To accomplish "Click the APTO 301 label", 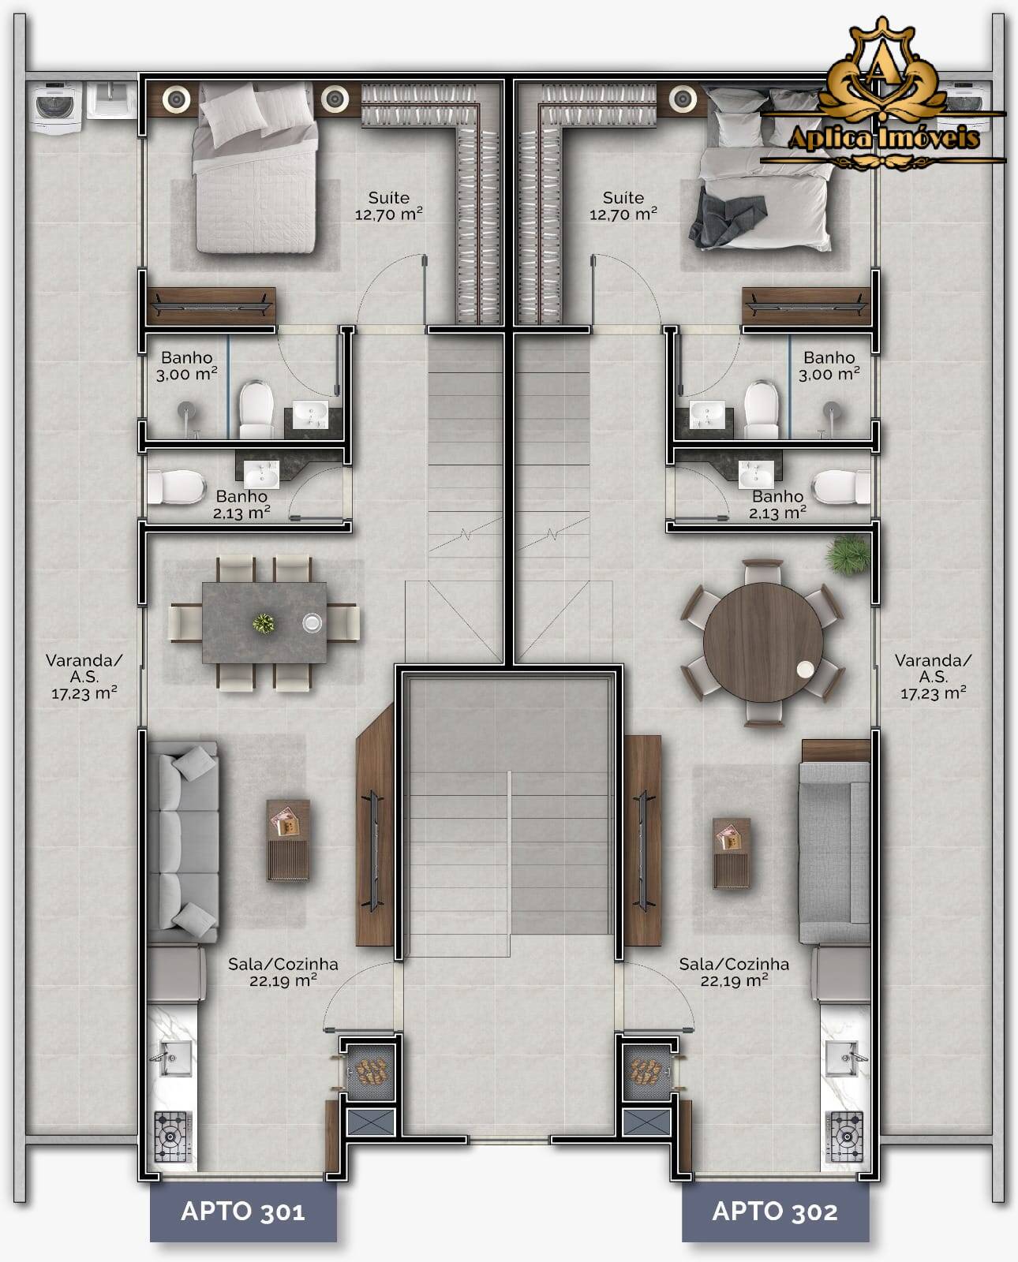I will tap(243, 1211).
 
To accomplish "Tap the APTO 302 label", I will tap(775, 1211).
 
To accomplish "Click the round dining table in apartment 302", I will tap(762, 640).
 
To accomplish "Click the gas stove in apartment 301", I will tap(172, 1137).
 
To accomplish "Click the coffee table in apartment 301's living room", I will tap(288, 839).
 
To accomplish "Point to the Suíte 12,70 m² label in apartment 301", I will tap(389, 205).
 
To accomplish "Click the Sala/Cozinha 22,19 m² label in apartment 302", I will tap(734, 972).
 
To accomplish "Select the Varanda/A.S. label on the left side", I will tap(84, 677).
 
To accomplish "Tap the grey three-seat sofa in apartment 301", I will tap(183, 842).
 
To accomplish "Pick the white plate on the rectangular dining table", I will tap(312, 623).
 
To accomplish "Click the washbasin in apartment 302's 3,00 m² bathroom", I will tap(706, 413).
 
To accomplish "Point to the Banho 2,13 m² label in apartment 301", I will tap(241, 504).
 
